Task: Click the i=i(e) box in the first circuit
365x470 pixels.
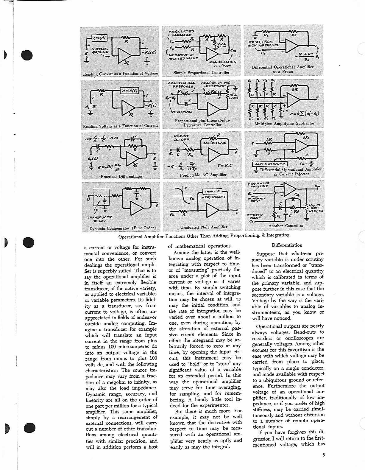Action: click(x=99, y=38)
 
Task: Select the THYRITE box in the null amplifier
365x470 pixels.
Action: click(x=212, y=192)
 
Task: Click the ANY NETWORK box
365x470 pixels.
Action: click(x=270, y=164)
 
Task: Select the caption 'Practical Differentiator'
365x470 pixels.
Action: click(x=121, y=176)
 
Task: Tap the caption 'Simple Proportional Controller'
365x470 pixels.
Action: click(x=202, y=72)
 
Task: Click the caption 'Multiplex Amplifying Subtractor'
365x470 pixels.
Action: click(x=284, y=123)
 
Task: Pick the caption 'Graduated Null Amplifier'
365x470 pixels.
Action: click(x=204, y=227)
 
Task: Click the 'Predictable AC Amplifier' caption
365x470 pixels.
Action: click(x=203, y=175)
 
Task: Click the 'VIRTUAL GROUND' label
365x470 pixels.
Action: click(x=100, y=50)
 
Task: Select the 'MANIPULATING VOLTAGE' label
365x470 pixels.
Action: click(x=223, y=63)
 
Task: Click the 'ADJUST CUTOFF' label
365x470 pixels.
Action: click(x=181, y=138)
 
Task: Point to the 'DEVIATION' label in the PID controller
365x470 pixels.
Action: click(x=182, y=112)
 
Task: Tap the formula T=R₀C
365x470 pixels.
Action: click(x=225, y=165)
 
